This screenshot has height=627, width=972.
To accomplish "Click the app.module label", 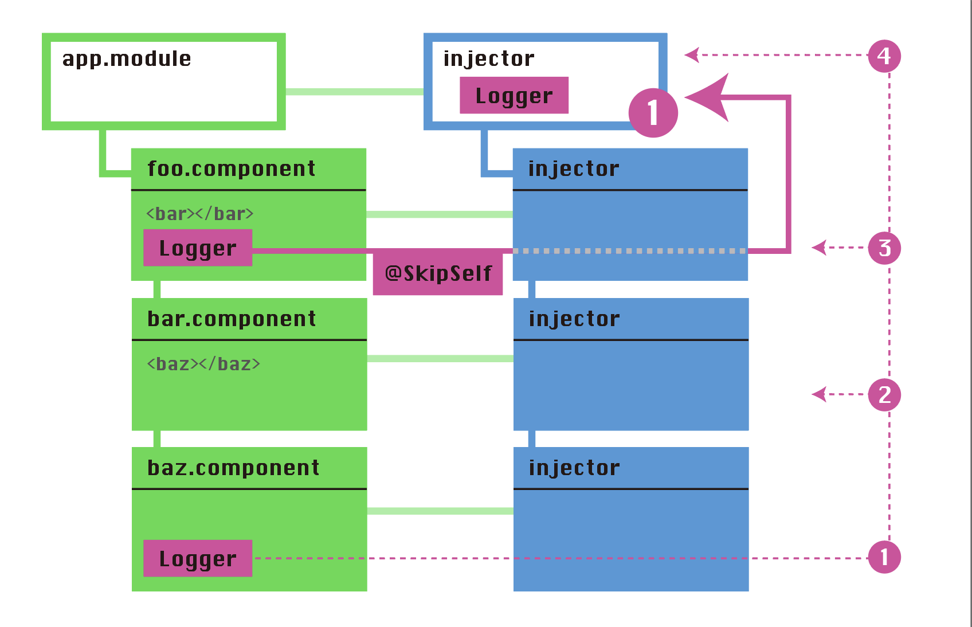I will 127,59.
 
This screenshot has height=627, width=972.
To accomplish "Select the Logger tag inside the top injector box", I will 514,96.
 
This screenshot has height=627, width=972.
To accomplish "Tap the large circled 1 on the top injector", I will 653,113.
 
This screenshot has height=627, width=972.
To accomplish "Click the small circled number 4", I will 884,56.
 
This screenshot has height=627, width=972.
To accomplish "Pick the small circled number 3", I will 884,248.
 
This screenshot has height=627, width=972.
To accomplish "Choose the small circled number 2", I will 884,395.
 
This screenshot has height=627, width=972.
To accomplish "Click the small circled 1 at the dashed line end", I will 884,557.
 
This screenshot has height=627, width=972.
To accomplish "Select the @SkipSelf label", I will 438,273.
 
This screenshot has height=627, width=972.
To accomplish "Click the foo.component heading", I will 231,169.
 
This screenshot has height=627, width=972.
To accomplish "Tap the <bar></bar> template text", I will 199,214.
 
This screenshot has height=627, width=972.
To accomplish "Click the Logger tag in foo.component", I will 198,248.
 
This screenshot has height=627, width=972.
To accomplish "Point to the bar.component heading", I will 231,319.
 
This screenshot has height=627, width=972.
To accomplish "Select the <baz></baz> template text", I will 203,364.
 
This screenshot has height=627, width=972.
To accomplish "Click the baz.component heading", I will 233,468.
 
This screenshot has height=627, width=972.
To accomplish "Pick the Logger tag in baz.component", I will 198,559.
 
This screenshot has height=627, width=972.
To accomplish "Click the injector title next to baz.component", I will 574,468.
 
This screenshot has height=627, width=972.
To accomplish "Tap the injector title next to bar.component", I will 574,319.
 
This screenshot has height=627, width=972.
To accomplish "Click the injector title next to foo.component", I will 574,169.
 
